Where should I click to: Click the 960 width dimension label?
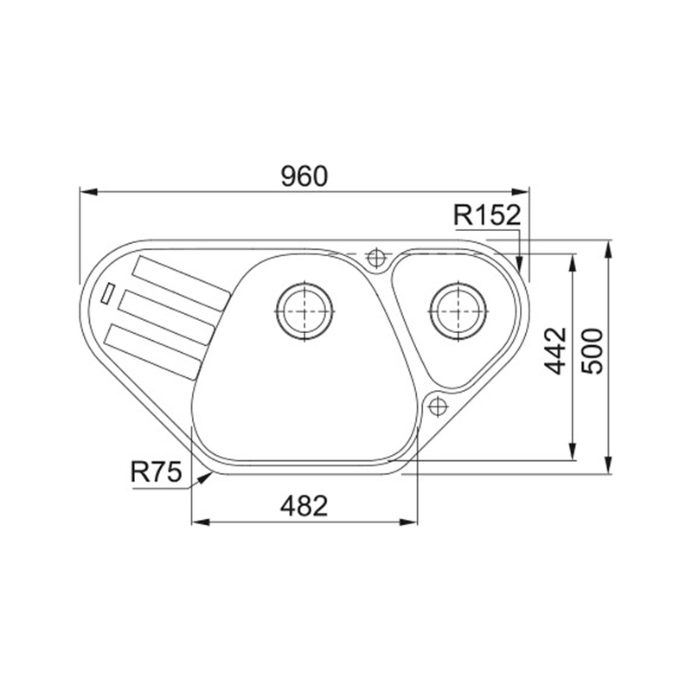tap(304, 176)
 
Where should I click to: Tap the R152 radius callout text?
tap(487, 215)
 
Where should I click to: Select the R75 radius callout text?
tap(157, 471)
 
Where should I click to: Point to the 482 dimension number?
tap(304, 506)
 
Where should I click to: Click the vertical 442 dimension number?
tap(554, 351)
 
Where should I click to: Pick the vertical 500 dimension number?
tap(592, 351)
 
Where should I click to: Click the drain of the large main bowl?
tap(304, 311)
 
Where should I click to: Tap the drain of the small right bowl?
tap(458, 311)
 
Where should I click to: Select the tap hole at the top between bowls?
tap(376, 258)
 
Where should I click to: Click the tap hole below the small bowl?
tap(438, 407)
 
